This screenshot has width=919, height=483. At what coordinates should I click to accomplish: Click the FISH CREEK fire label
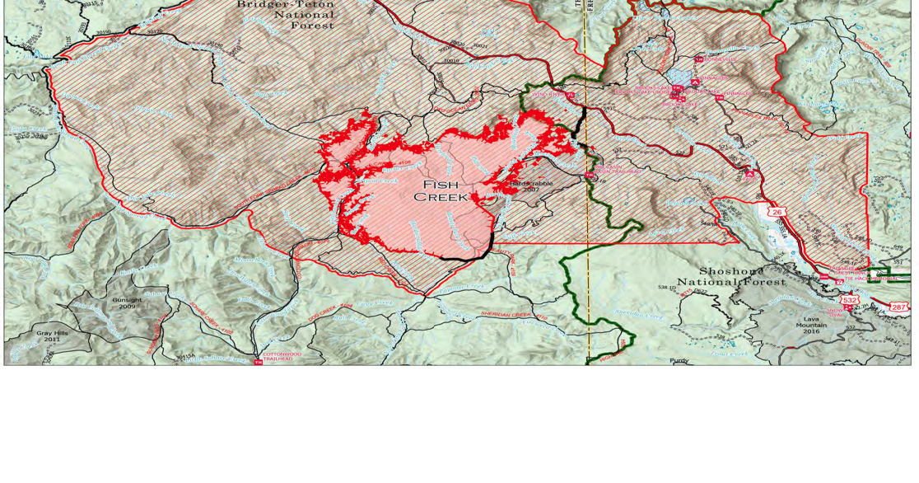click(x=441, y=190)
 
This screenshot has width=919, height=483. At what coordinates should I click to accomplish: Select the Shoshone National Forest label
click(x=731, y=276)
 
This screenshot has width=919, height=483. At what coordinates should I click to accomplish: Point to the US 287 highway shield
click(x=898, y=307)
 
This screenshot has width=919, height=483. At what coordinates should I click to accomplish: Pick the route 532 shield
click(x=850, y=300)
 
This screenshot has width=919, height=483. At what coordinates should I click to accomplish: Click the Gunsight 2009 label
click(x=127, y=302)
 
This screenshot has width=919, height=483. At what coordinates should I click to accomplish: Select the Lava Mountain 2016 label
click(x=811, y=324)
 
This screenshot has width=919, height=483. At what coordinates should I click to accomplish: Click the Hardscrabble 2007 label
click(x=531, y=185)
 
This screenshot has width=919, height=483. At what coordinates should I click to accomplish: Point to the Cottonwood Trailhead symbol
click(x=258, y=361)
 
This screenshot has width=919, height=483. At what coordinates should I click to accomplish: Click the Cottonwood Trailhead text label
click(x=282, y=357)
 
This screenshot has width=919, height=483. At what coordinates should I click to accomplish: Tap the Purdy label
click(x=679, y=360)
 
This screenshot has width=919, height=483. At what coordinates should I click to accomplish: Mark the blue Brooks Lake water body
click(x=679, y=77)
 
